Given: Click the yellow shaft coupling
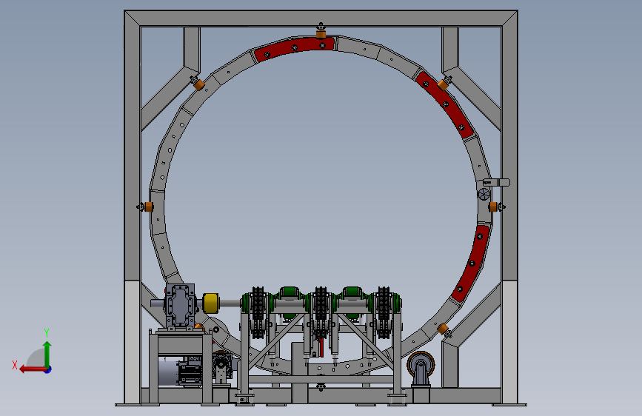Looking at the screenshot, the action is pyautogui.click(x=210, y=303).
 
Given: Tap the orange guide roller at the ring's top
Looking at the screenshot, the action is pyautogui.click(x=321, y=33).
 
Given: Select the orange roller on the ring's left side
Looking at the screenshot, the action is pyautogui.click(x=149, y=207).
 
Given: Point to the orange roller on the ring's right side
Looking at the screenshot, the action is pyautogui.click(x=493, y=207).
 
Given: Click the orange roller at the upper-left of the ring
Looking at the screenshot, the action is pyautogui.click(x=199, y=85).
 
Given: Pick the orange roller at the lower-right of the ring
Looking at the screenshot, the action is pyautogui.click(x=443, y=329).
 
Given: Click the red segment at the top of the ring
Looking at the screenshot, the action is pyautogui.click(x=295, y=48).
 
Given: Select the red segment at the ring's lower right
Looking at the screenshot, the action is pyautogui.click(x=471, y=263).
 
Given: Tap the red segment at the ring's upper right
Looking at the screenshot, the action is pyautogui.click(x=445, y=104).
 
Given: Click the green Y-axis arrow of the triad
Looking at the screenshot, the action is pyautogui.click(x=47, y=355).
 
